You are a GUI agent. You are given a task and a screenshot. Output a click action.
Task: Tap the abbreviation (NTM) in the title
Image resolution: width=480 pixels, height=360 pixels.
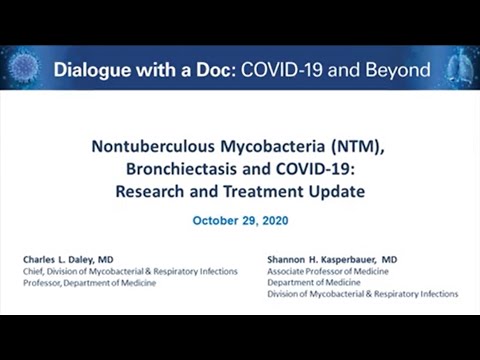point(355,147)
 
